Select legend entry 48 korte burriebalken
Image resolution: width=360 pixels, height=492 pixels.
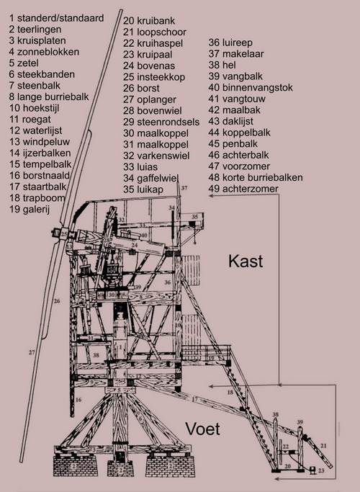tap(266, 177)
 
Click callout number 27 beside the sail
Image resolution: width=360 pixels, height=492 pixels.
tap(32, 352)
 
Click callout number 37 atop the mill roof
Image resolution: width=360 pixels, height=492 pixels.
tap(184, 188)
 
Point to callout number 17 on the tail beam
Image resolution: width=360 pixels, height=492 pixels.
tap(195, 398)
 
